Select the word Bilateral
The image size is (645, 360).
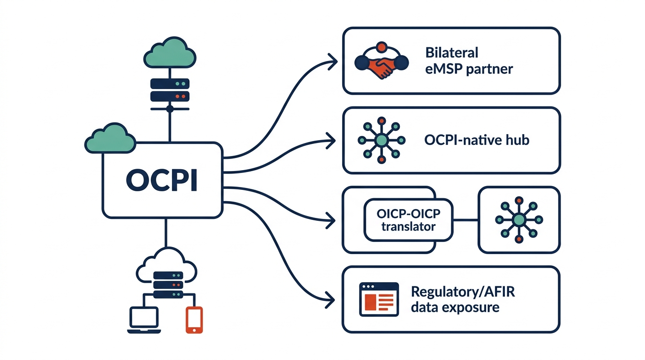452,52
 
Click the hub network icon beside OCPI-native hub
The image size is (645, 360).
382,140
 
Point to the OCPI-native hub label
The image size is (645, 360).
476,140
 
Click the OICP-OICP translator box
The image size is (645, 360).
408,220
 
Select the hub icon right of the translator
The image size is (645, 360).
518,219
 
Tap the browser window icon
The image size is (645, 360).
378,299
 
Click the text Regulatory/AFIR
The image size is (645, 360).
462,292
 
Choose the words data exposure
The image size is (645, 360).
455,308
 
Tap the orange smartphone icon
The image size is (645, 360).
194,320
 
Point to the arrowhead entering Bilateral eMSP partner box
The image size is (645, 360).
333,60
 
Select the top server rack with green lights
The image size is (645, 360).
170,84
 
